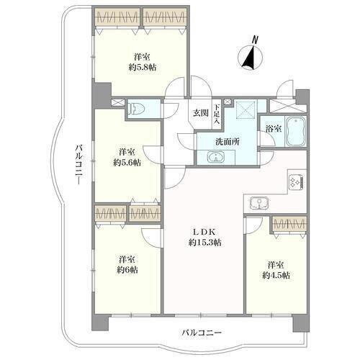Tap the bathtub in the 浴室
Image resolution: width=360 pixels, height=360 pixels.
coord(296,131)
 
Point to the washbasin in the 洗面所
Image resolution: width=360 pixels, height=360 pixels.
coord(216,157)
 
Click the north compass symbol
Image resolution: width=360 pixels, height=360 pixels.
coord(250,58)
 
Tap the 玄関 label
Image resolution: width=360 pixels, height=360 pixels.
coord(201,113)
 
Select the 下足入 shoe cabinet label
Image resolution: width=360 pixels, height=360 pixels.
coord(217,114)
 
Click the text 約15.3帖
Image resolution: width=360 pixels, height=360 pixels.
coord(204,243)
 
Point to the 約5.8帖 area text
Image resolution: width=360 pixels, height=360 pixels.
coord(143,67)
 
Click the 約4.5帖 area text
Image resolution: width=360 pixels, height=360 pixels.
coord(276,275)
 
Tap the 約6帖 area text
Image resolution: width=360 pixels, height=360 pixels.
coord(127,270)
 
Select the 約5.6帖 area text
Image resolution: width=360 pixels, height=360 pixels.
coord(127,163)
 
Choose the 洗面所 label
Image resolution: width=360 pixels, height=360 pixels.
coord(227,142)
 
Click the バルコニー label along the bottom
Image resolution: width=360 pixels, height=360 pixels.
coord(201,333)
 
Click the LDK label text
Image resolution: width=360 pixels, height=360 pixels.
coord(204,232)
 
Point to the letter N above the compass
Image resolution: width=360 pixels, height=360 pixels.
coord(256,40)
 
